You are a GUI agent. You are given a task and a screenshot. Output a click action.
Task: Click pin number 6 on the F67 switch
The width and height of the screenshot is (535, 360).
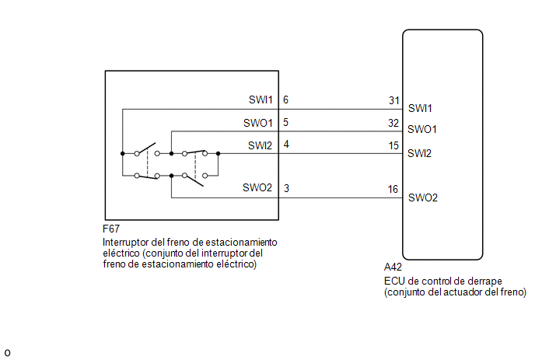click(x=285, y=100)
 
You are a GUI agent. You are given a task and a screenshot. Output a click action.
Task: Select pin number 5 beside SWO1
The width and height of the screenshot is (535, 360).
click(x=285, y=122)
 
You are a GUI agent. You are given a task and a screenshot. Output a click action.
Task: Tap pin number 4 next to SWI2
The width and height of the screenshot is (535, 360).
click(x=286, y=145)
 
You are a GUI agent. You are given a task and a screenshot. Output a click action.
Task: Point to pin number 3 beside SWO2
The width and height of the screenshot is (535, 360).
click(x=286, y=188)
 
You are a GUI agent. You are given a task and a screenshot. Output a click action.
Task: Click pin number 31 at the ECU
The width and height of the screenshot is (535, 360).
click(x=394, y=100)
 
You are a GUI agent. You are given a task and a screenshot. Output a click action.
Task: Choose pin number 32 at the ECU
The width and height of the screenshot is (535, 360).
click(x=393, y=123)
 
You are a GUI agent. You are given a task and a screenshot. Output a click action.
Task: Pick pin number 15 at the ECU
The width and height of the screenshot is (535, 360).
click(x=393, y=145)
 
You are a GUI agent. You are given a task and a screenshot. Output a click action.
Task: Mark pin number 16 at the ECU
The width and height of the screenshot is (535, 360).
click(x=393, y=189)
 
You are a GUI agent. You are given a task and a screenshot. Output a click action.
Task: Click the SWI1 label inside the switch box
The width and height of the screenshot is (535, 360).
click(x=261, y=100)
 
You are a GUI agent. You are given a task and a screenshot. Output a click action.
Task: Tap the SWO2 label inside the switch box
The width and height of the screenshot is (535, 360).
click(x=257, y=187)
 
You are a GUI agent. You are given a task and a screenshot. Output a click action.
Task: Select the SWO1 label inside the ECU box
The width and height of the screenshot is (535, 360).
click(x=422, y=129)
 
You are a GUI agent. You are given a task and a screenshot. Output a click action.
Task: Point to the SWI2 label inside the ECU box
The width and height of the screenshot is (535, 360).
click(x=419, y=153)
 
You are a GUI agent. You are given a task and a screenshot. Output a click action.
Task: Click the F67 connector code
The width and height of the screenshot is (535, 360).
click(x=111, y=229)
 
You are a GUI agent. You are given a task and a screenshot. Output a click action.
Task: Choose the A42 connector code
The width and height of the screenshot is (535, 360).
click(x=393, y=267)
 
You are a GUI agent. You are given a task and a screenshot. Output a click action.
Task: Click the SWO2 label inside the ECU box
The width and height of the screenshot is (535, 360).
click(x=423, y=197)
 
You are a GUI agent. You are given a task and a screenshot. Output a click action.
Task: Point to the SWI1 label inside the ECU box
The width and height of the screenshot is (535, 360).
click(x=420, y=108)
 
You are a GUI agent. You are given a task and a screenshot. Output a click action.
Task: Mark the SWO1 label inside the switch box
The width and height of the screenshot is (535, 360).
click(x=258, y=123)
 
